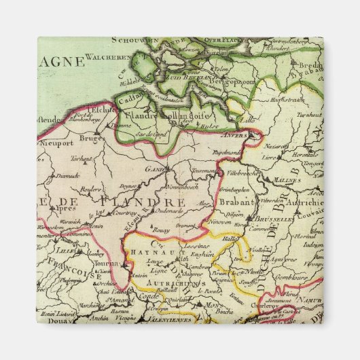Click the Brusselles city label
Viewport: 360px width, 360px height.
[274, 220]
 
